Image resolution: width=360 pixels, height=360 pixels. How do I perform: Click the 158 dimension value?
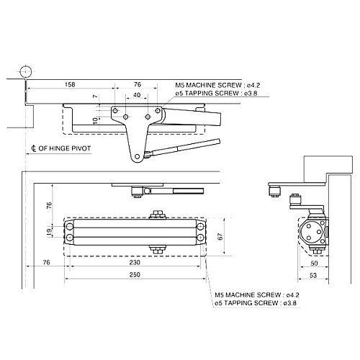tap(70, 84)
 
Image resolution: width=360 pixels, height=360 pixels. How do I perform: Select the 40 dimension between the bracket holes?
tap(137, 95)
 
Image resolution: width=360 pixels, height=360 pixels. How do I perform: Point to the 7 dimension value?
tap(95, 96)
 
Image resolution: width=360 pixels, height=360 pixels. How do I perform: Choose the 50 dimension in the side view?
tap(313, 263)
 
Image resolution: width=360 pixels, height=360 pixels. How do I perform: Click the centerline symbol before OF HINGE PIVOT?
tap(35, 150)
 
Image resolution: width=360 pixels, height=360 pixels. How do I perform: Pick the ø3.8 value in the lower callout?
tap(291, 305)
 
